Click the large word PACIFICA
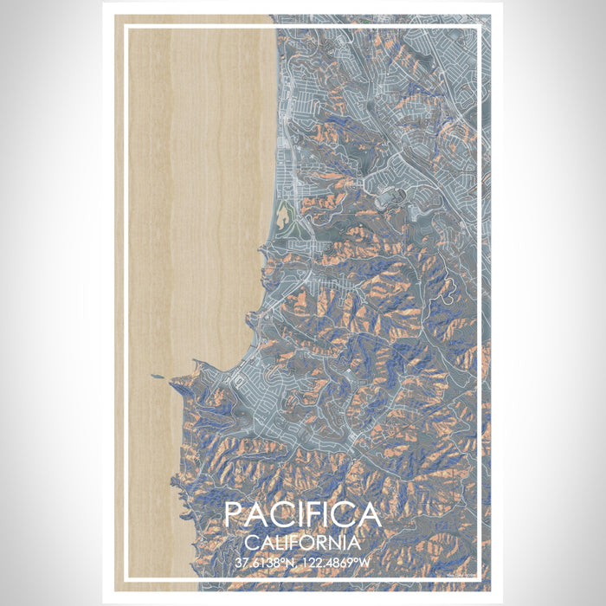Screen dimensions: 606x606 pos(302,515)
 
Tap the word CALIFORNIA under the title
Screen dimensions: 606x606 pos(302,543)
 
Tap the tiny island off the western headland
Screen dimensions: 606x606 pos(156,377)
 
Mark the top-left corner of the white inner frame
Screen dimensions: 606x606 pos(126,26)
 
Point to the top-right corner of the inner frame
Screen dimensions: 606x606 pos(481,26)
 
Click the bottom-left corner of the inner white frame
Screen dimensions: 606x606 pos(126,578)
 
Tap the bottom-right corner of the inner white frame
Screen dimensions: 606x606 pos(481,578)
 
